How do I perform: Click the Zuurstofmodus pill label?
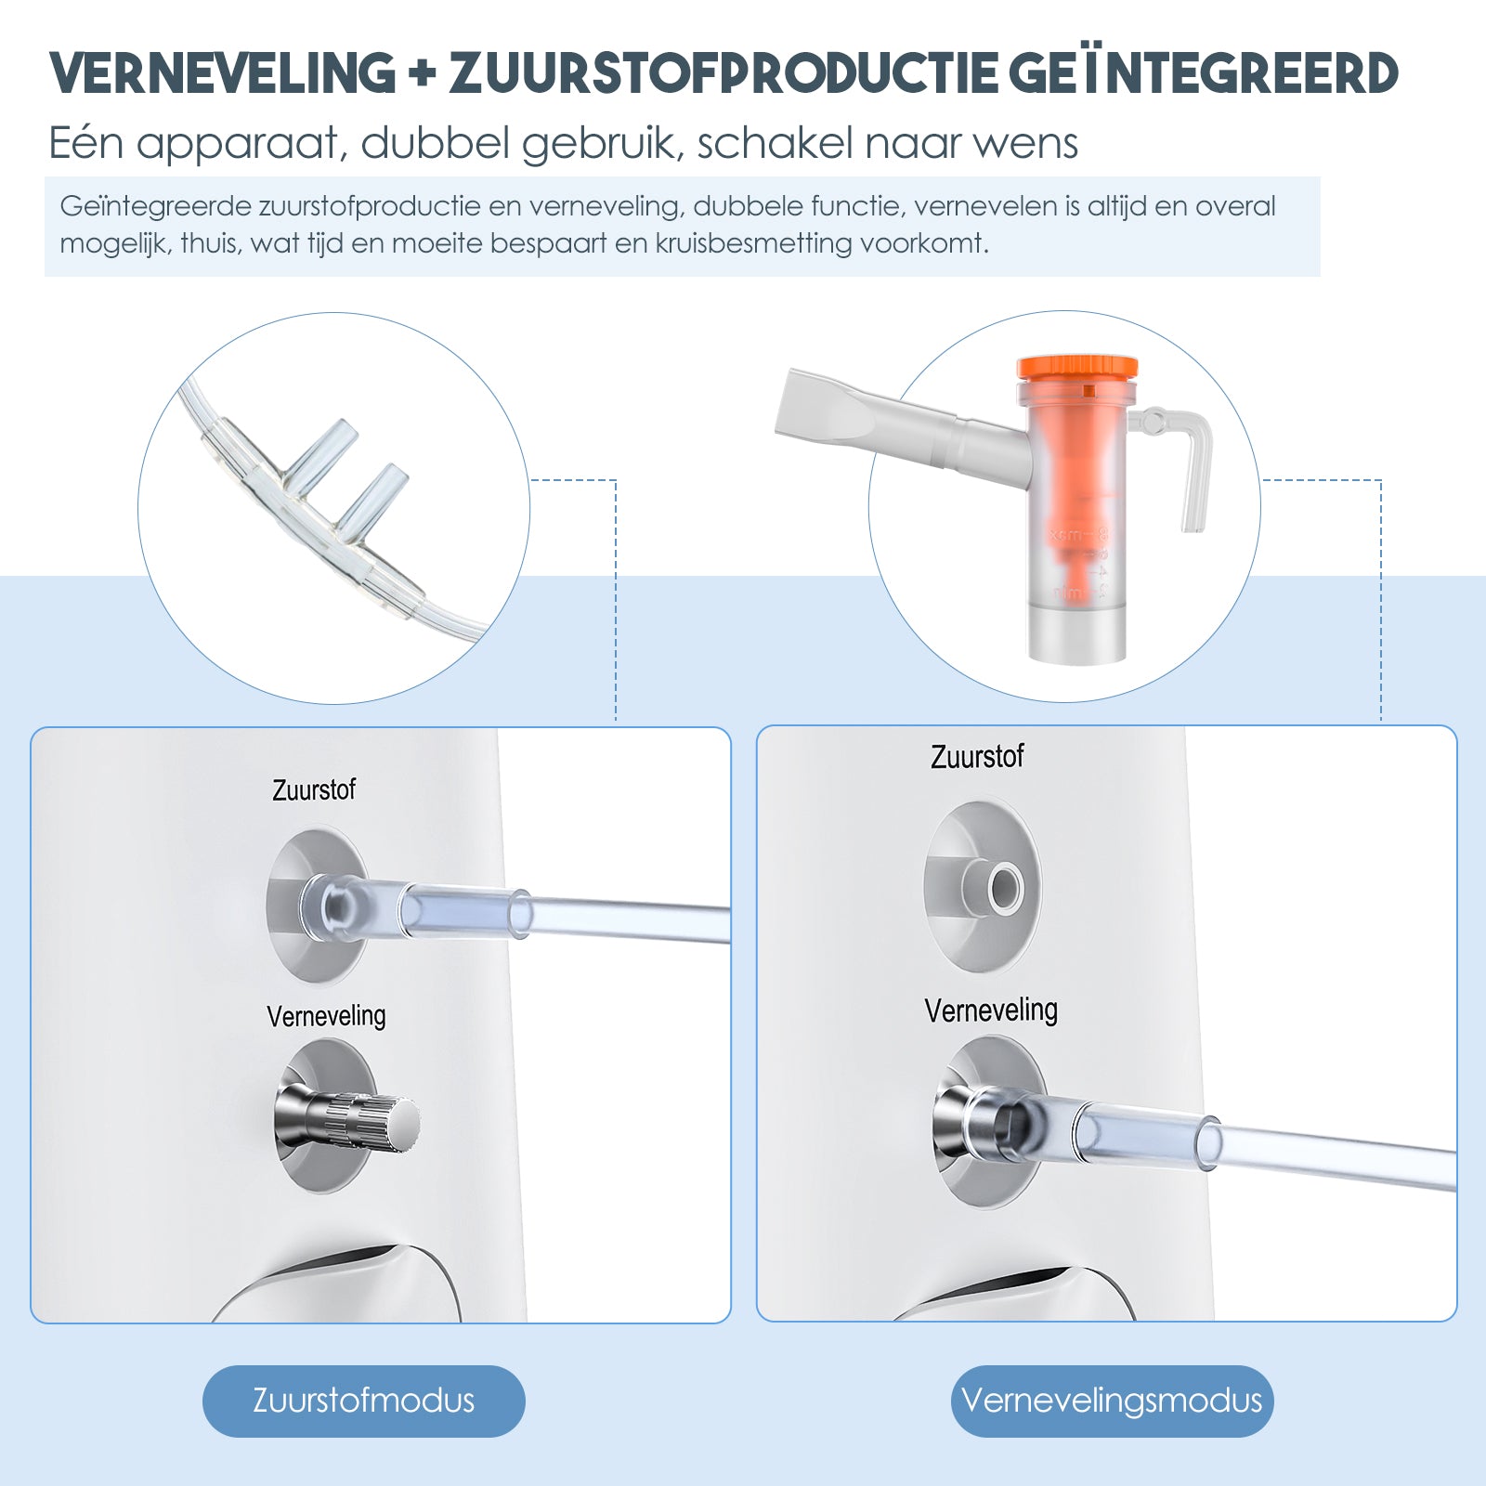363,1401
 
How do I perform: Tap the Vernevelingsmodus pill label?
1112,1401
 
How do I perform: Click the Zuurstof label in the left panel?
313,790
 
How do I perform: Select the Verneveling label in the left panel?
326,1016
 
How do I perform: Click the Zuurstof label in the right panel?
977,757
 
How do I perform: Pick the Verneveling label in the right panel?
991,1010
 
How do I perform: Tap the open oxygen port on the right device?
1004,888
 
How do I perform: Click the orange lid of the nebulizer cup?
1077,368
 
